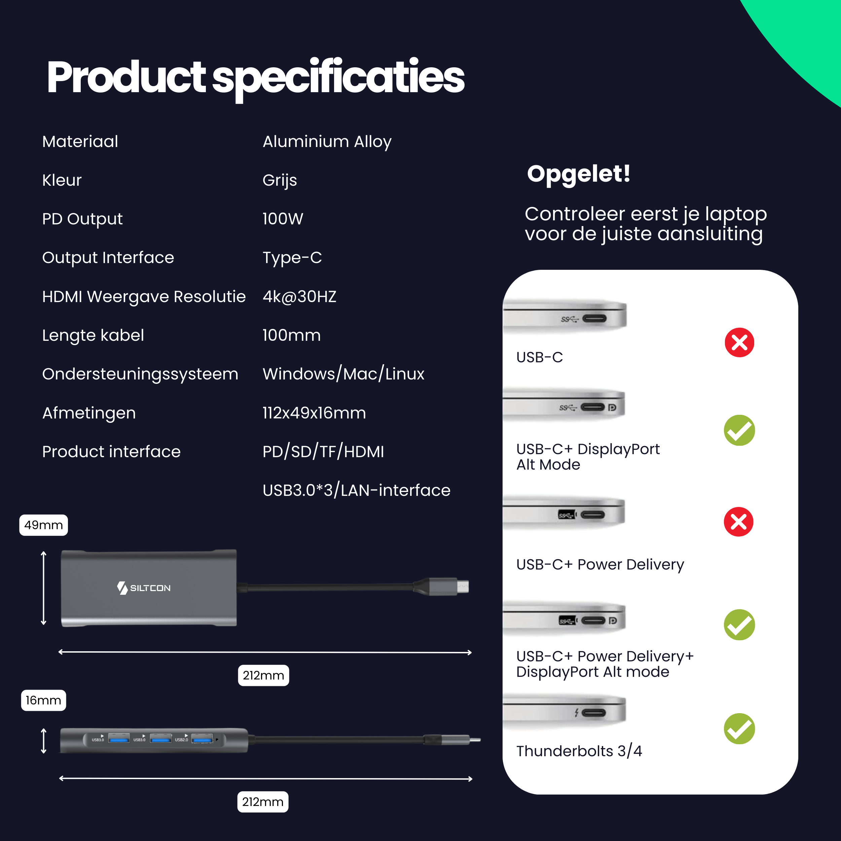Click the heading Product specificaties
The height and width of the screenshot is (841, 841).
[256, 77]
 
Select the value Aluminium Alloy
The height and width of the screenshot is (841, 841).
[327, 142]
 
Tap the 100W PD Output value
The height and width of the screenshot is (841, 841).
[283, 219]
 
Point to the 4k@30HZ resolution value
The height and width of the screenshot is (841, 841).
[299, 296]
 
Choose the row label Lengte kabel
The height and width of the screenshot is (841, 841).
[93, 335]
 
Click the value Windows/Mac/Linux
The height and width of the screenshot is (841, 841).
[343, 374]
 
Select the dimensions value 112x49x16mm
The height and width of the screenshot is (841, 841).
[314, 413]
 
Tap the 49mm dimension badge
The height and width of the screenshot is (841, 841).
[43, 525]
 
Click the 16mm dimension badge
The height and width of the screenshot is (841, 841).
[43, 700]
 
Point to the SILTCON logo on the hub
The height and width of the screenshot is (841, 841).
[144, 588]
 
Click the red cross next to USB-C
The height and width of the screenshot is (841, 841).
[739, 342]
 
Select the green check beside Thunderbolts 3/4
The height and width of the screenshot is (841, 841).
[739, 729]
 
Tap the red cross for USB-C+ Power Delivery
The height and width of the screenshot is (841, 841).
[738, 521]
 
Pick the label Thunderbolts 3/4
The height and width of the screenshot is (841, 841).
[579, 751]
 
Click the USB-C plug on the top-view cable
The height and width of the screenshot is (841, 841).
[448, 586]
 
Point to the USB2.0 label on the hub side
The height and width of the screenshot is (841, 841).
[182, 739]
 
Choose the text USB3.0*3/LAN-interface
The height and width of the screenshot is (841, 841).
[356, 490]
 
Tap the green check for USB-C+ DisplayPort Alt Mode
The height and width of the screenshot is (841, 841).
[739, 430]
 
